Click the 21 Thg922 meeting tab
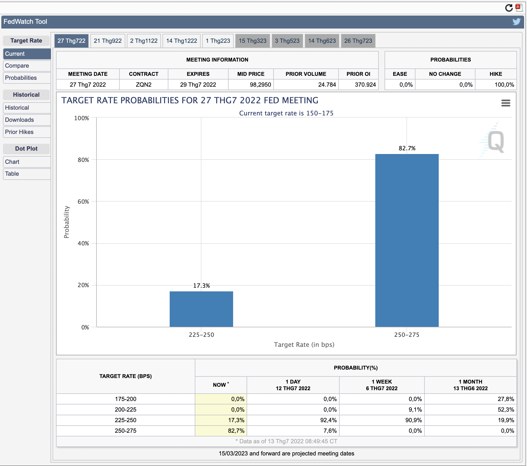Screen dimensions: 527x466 click(x=108, y=41)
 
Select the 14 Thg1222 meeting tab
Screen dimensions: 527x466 click(x=182, y=41)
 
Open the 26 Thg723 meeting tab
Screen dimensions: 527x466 click(x=358, y=41)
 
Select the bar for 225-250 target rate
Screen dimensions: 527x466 click(x=201, y=309)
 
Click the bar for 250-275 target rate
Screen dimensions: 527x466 click(x=407, y=240)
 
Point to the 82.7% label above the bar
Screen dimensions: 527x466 click(x=407, y=148)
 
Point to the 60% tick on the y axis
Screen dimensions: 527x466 click(x=83, y=202)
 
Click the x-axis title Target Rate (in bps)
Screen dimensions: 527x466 click(x=304, y=344)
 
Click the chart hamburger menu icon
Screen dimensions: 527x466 click(x=506, y=103)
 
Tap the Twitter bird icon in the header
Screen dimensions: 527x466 click(x=516, y=22)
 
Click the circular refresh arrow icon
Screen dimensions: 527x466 click(x=509, y=8)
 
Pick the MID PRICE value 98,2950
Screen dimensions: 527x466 click(x=261, y=85)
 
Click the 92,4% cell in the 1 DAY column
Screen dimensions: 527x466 click(x=329, y=420)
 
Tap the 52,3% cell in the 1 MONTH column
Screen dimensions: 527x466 click(x=506, y=410)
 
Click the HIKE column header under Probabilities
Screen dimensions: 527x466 click(x=496, y=74)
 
